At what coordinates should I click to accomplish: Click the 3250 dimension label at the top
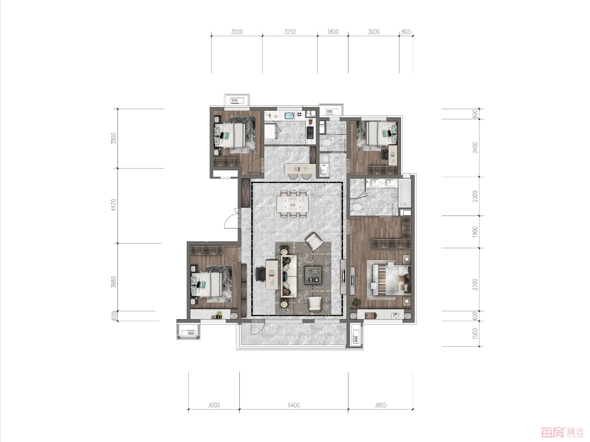(x=290, y=32)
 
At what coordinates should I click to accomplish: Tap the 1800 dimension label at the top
(x=333, y=32)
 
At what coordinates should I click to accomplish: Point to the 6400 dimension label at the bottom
(x=294, y=405)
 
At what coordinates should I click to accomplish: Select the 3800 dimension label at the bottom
(x=380, y=405)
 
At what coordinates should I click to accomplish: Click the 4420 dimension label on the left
(x=114, y=205)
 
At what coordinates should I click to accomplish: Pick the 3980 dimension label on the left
(x=114, y=282)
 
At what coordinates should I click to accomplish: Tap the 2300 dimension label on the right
(x=475, y=196)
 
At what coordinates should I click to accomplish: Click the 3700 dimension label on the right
(x=475, y=285)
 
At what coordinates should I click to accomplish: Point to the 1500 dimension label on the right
(x=475, y=333)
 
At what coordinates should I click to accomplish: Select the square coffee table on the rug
(x=313, y=275)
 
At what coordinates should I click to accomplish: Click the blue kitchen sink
(x=290, y=115)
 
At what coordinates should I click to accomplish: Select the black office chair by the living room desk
(x=260, y=274)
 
